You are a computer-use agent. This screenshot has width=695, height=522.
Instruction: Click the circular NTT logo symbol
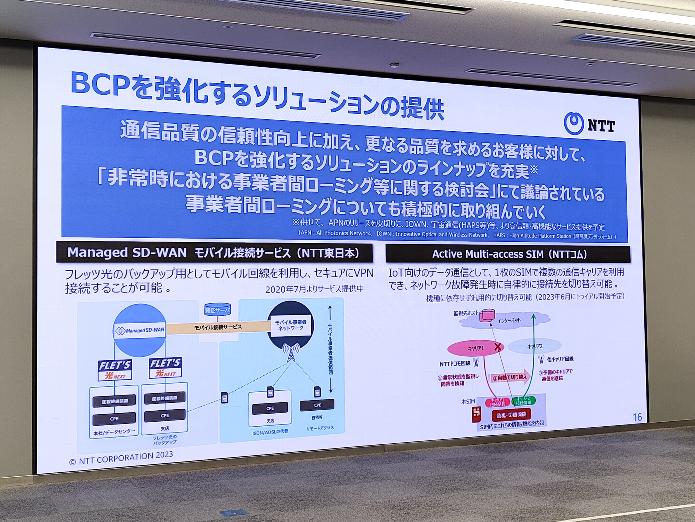click(x=574, y=124)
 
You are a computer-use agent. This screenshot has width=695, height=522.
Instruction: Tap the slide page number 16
click(x=637, y=417)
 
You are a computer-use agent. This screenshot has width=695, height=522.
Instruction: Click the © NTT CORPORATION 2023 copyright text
click(x=121, y=458)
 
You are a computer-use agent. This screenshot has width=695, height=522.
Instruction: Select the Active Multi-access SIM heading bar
click(x=507, y=254)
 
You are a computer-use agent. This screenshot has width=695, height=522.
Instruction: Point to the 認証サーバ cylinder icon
click(x=218, y=309)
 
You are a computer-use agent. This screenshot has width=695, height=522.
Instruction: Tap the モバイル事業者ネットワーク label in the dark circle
click(x=290, y=325)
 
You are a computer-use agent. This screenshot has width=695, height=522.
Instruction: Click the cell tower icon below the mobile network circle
click(x=291, y=353)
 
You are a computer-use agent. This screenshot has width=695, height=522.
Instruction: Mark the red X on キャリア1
click(x=498, y=347)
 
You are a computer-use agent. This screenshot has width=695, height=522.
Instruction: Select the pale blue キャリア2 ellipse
click(x=535, y=346)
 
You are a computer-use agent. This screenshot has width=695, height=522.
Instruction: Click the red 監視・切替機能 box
click(x=511, y=414)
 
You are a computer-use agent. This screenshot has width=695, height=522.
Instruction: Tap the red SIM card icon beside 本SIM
click(x=476, y=414)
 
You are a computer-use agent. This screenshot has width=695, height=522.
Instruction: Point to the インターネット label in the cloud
click(x=509, y=320)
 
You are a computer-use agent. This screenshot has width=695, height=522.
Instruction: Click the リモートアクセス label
click(x=320, y=428)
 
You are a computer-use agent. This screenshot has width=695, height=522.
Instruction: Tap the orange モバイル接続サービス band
click(x=218, y=327)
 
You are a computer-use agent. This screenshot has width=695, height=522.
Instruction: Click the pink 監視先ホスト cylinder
click(x=487, y=315)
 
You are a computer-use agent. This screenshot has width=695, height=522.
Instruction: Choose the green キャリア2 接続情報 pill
click(x=523, y=401)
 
